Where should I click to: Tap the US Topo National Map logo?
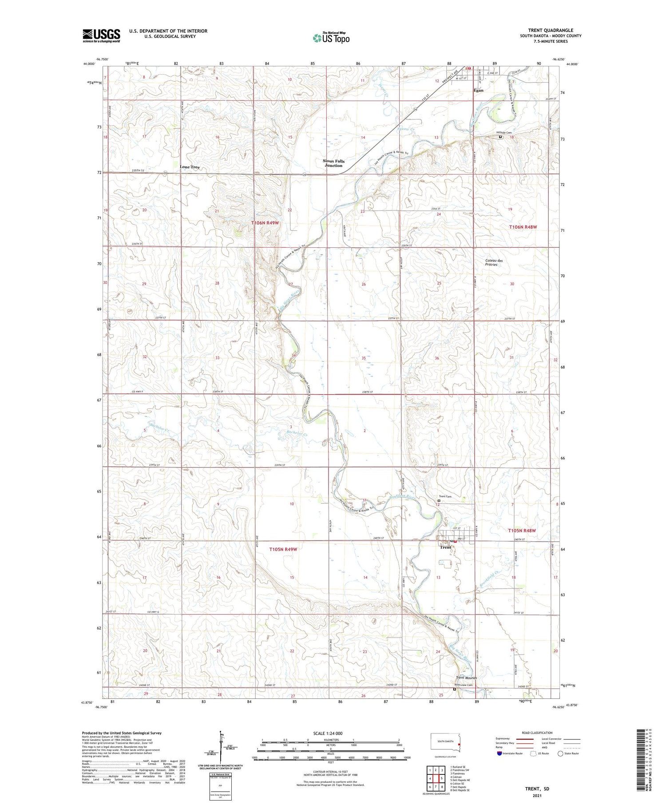[331, 38]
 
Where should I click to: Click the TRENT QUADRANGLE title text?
[550, 30]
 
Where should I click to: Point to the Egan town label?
[478, 91]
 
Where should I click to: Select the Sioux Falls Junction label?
[333, 163]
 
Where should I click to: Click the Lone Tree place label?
[190, 167]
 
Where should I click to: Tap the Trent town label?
[445, 547]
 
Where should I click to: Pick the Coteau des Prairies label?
[494, 262]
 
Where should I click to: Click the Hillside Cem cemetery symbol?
[500, 137]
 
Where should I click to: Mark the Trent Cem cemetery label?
[445, 496]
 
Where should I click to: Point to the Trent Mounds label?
[466, 678]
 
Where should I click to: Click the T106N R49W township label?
[265, 223]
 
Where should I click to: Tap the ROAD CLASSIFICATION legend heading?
[537, 733]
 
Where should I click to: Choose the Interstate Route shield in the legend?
[499, 753]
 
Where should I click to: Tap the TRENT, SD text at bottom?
[537, 789]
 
